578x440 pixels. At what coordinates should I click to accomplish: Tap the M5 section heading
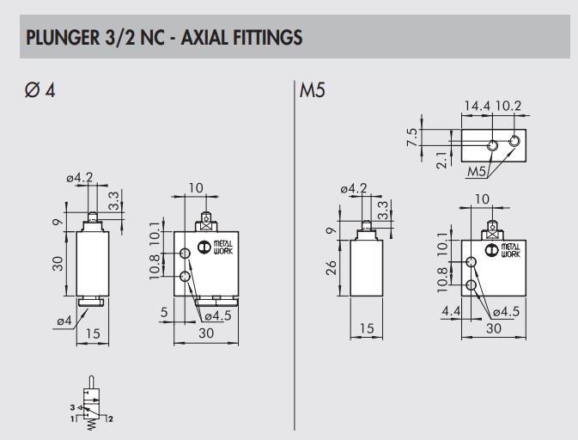[x=312, y=90]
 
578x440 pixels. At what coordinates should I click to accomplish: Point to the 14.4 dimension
[x=478, y=107]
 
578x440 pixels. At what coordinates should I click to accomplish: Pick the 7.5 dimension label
[x=436, y=138]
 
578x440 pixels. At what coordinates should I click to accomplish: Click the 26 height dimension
[x=333, y=269]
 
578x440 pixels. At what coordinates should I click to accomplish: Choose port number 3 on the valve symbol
[x=73, y=406]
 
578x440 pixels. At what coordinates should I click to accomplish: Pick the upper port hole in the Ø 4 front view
[x=186, y=254]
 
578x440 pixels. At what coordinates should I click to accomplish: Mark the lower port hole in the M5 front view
[x=471, y=284]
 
